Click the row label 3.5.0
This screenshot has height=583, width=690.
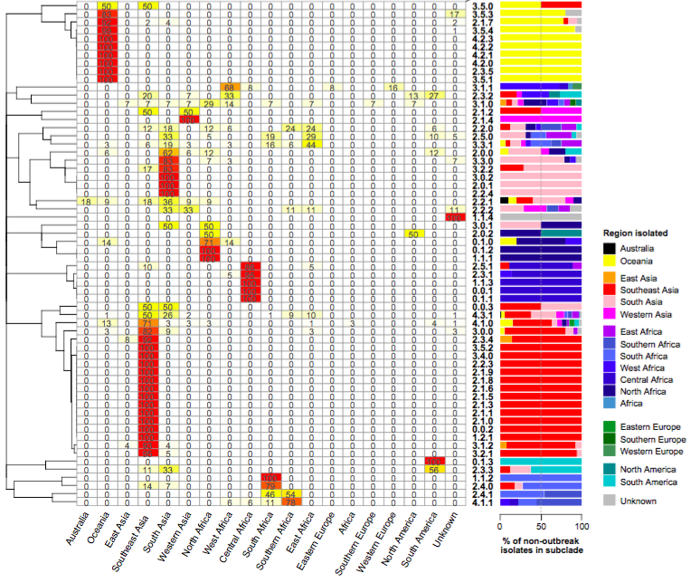[480, 6]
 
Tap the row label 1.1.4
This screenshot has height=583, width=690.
[480, 218]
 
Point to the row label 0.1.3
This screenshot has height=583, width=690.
[480, 461]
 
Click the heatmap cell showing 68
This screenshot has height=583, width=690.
[229, 87]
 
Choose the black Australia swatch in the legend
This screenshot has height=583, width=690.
[612, 249]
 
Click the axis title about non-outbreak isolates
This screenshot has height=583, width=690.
[541, 546]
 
